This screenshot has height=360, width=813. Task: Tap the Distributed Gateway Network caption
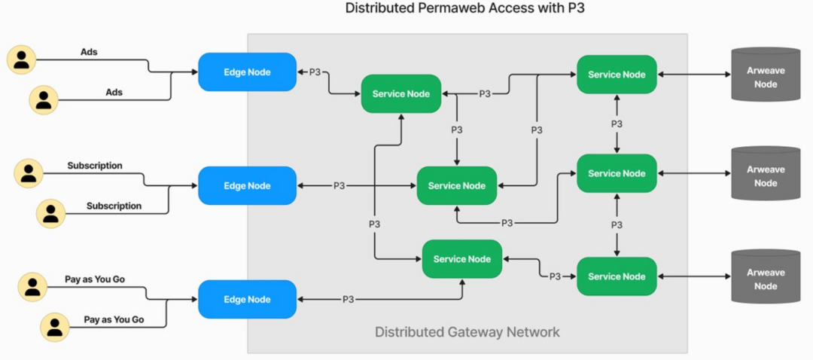[x=467, y=332]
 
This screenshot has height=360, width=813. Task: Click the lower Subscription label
[x=114, y=206]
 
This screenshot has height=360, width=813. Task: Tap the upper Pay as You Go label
[x=95, y=279]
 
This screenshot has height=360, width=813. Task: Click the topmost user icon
[x=22, y=59]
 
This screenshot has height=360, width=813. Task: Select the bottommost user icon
[x=54, y=326]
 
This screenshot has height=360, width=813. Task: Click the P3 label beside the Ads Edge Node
[x=315, y=72]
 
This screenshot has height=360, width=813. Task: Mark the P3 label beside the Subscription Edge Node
[x=340, y=186]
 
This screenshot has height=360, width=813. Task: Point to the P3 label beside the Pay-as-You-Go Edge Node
[x=348, y=299]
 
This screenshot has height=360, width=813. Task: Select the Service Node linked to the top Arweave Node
[x=617, y=75]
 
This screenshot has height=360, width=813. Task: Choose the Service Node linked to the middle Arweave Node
[x=617, y=173]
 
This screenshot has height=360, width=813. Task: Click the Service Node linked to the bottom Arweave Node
[x=617, y=276]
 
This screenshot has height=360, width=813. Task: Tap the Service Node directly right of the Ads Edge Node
[x=401, y=94]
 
